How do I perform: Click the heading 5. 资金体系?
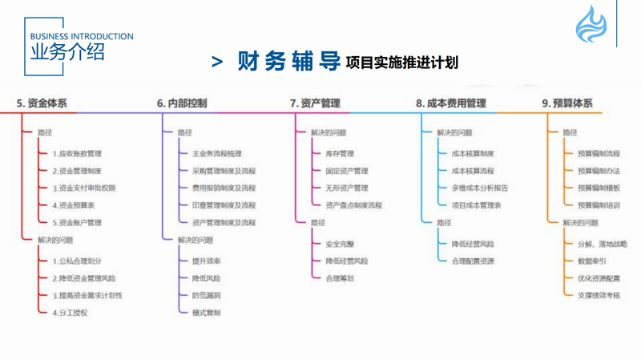[42, 103]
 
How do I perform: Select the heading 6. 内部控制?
[182, 103]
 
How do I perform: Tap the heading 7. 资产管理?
[315, 103]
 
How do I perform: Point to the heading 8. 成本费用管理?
[451, 103]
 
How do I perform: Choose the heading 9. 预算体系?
[567, 103]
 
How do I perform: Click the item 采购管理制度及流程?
[224, 171]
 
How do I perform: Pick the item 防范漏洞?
[206, 295]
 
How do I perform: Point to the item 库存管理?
[340, 153]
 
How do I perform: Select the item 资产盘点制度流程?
[353, 205]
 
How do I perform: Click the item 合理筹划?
[340, 278]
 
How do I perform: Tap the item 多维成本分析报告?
[479, 188]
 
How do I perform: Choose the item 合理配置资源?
[473, 261]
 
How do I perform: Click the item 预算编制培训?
[599, 205]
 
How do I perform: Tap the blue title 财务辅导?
[285, 62]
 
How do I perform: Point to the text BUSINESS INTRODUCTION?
[81, 36]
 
